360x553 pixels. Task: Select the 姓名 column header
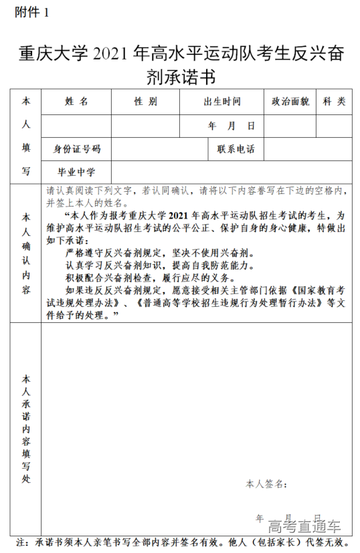click(x=76, y=102)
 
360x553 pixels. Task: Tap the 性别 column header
click(x=145, y=102)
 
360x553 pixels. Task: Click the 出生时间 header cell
click(x=221, y=102)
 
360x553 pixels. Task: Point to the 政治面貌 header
click(x=290, y=102)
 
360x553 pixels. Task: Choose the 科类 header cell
click(x=334, y=102)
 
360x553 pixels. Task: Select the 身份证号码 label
click(x=76, y=148)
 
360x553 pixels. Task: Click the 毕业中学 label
click(x=76, y=172)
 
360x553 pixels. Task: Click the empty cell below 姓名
click(x=76, y=126)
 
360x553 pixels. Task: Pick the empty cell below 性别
click(x=145, y=126)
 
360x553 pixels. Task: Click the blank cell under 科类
click(x=334, y=126)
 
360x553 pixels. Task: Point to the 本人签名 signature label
click(x=266, y=483)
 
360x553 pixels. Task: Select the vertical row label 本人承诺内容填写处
click(x=26, y=428)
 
